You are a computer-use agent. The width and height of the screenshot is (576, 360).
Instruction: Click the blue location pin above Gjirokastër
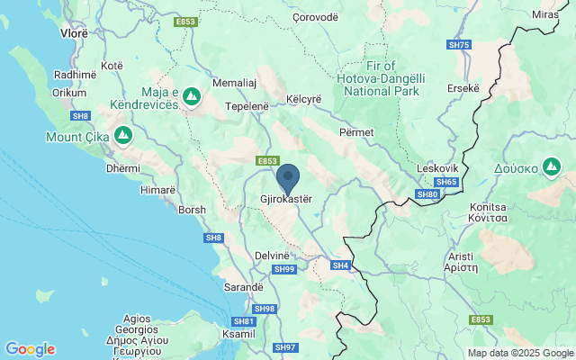pos(287,176)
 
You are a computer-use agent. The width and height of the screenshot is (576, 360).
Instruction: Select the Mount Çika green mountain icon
pos(122,137)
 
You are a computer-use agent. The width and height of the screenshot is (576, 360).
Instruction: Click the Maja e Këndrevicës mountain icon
pos(192,94)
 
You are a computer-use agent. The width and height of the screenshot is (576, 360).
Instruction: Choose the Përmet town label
pos(356,132)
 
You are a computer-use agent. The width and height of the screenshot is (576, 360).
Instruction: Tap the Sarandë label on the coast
pos(243,287)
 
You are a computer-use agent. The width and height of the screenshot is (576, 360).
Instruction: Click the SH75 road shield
pos(458,45)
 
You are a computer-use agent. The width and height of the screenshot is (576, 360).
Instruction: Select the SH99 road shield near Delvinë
pos(284,269)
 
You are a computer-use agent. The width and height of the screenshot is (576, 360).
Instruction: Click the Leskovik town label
pos(438,168)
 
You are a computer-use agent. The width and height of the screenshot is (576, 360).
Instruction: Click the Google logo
pos(30,349)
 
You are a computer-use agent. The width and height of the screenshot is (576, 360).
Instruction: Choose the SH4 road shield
pos(339,265)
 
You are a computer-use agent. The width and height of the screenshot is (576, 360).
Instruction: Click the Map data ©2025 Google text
pos(520,353)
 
